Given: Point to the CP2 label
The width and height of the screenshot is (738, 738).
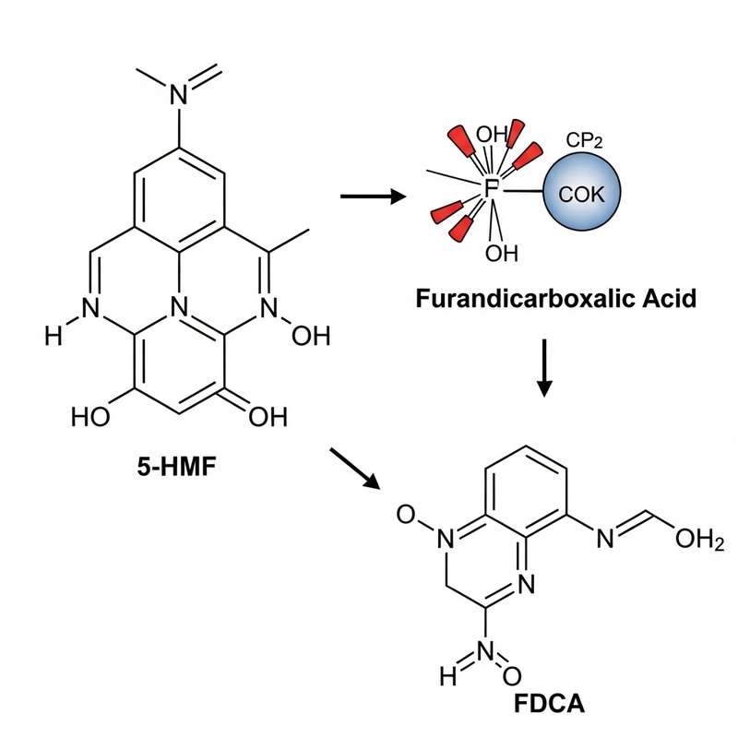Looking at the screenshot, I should tap(592, 141).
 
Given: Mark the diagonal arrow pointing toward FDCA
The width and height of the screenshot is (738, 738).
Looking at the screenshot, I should tap(356, 468).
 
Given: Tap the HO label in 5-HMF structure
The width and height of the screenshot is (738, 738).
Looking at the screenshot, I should tap(91, 417).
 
